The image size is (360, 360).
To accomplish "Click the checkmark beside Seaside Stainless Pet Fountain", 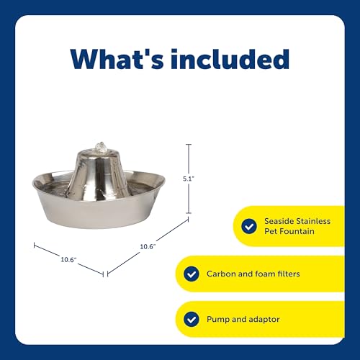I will pos(248,226).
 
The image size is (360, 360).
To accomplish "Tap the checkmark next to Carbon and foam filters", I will pos(191,274).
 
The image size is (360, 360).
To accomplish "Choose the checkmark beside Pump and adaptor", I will pos(191,319).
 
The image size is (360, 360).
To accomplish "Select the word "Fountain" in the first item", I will pos(299,232).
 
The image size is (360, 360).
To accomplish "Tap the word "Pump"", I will pos(219,320).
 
